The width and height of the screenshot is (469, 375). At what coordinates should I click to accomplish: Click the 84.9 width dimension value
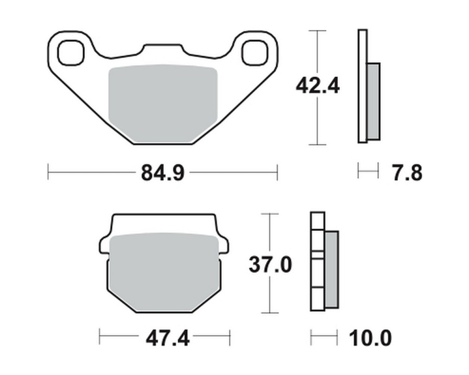tap(163, 173)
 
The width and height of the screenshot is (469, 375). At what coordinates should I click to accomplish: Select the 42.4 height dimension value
tap(318, 87)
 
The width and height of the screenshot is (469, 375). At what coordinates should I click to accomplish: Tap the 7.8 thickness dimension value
tap(407, 173)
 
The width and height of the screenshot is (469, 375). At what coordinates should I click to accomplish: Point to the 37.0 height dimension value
tap(270, 265)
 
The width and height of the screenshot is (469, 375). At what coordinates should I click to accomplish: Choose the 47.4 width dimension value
tap(167, 338)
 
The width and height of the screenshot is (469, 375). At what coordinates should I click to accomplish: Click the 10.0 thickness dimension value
tap(371, 338)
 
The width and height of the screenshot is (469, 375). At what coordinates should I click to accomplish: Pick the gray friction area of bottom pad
tap(164, 271)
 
